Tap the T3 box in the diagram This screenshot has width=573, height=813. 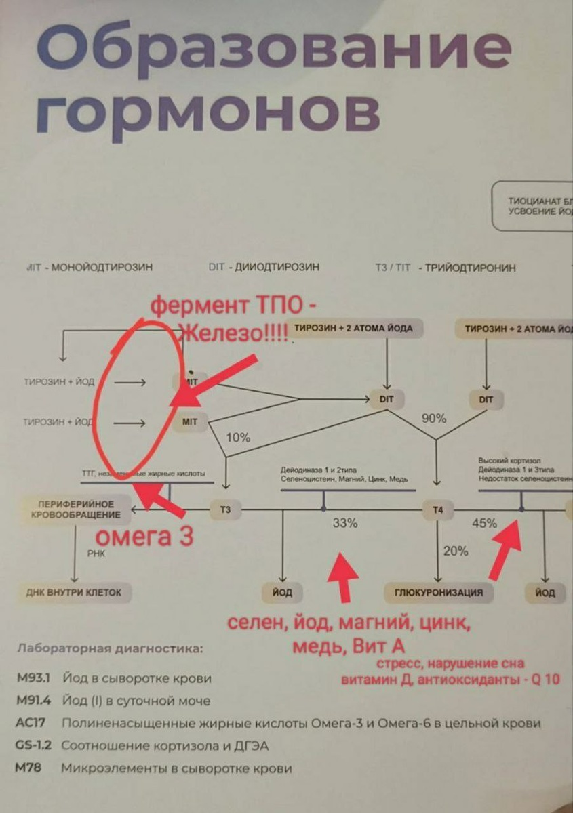225,509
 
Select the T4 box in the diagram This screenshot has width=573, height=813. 437,509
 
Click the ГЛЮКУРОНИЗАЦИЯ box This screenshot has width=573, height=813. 439,592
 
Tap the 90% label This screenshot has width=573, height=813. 434,419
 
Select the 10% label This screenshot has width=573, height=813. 237,438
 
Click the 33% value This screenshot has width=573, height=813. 345,523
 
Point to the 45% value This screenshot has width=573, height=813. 484,523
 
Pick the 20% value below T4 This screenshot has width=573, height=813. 456,551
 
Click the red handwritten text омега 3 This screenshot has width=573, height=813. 144,537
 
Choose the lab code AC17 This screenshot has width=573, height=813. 31,723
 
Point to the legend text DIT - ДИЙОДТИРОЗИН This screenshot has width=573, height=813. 264,267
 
